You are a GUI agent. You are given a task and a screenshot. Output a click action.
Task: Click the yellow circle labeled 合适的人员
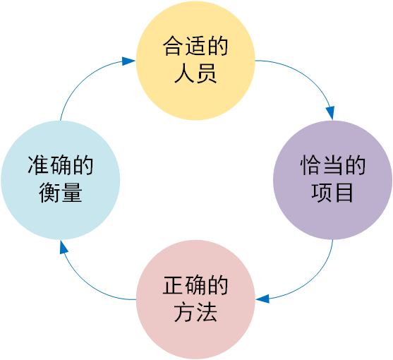click(195, 60)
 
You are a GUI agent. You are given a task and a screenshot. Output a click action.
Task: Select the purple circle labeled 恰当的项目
click(332, 180)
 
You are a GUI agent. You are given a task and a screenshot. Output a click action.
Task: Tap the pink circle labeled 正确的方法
click(195, 299)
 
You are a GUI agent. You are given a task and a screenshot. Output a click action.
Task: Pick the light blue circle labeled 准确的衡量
click(61, 180)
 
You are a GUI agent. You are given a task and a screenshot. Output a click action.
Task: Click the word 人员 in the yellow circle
click(195, 73)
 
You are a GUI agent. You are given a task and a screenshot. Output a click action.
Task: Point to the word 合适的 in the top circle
click(195, 47)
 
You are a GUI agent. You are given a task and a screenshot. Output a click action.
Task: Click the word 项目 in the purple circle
click(332, 193)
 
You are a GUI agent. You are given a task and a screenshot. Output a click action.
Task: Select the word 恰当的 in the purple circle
click(332, 167)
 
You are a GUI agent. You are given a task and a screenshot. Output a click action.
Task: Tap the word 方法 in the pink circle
click(195, 313)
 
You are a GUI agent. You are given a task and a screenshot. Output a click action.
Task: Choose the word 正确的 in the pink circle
click(195, 287)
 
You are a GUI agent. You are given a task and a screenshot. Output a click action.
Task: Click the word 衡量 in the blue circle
click(61, 193)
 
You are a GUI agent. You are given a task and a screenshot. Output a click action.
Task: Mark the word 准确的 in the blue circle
click(61, 167)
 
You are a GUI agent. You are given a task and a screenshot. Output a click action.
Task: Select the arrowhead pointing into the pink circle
click(262, 299)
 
